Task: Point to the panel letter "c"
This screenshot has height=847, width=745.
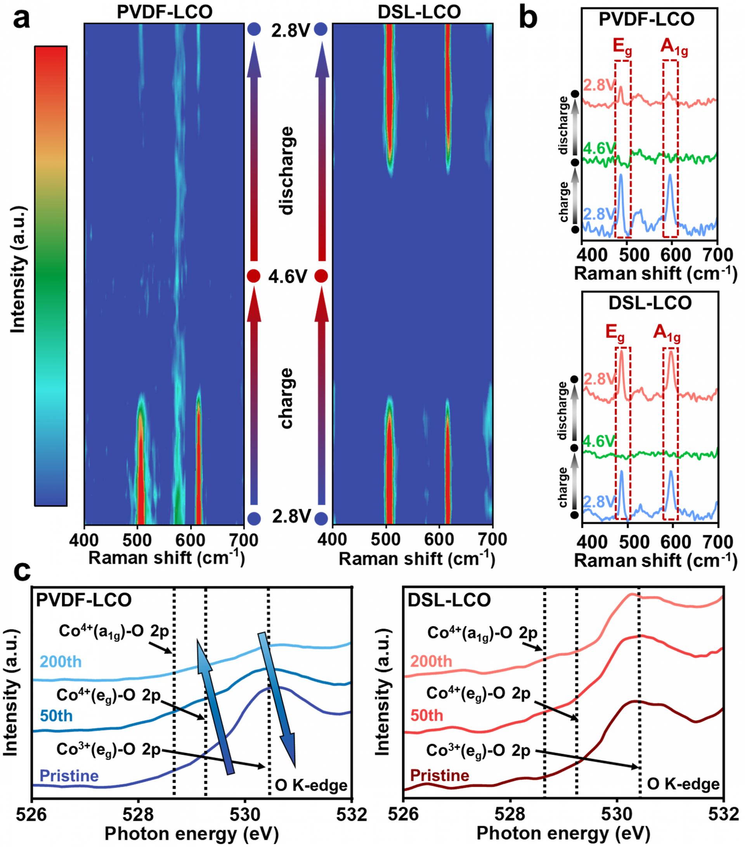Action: [22, 573]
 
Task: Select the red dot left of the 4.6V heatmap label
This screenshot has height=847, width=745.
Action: [254, 276]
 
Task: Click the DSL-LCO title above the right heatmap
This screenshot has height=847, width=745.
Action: [419, 12]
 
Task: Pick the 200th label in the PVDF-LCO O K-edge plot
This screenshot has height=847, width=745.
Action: [61, 662]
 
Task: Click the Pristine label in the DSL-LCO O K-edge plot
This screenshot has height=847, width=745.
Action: [440, 775]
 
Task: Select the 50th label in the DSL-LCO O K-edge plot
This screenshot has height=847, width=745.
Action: [427, 715]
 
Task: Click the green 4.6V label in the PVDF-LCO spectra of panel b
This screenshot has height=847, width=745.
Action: [599, 148]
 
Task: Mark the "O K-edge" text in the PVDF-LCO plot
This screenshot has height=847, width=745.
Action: [311, 785]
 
